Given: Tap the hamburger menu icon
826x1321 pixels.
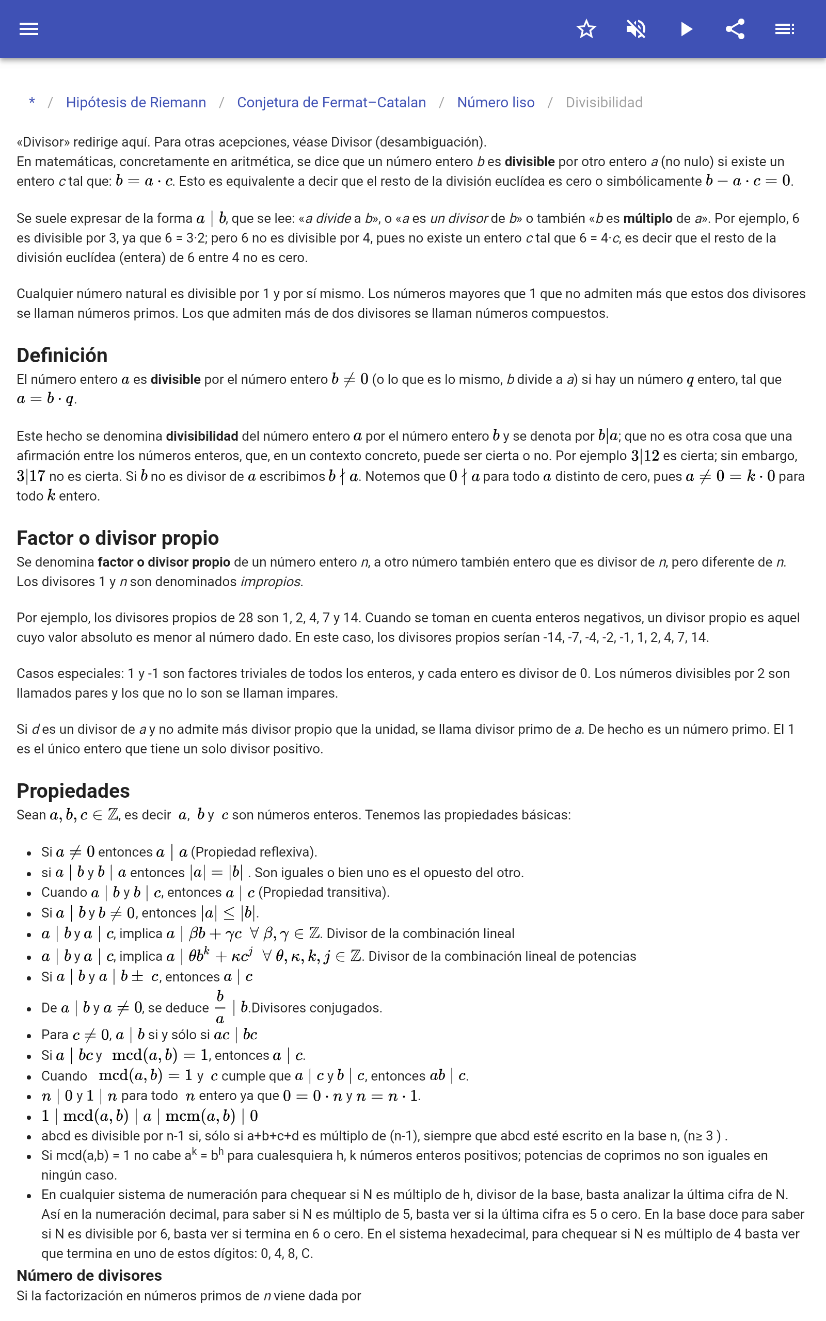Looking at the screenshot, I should coord(29,29).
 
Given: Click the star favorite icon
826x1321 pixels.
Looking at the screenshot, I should coord(586,29).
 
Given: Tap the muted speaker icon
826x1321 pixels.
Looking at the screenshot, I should coord(636,29).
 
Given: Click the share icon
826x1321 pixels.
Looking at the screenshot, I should coord(735,29).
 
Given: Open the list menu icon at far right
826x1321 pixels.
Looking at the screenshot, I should coord(785,29).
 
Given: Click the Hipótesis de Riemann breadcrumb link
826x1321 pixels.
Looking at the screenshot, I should coord(136,103).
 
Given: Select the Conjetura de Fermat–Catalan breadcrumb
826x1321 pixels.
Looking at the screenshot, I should coord(331,103).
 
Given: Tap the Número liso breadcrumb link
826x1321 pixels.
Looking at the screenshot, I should coord(496,103).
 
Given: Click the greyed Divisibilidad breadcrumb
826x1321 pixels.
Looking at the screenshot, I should coord(603,103).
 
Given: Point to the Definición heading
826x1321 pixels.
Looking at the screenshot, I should coord(62,356).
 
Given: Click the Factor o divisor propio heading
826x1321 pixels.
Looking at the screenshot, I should coord(118,538).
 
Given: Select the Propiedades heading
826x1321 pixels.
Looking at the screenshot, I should coord(73,791).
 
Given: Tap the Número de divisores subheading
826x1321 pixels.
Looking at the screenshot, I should coord(89,1275).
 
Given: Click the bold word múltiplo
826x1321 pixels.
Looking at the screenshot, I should coord(647,218).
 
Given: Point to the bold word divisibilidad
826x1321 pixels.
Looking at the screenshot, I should coord(201,436).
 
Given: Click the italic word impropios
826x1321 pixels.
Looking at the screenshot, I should coord(271,582).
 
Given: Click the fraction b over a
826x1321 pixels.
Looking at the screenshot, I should coord(219,1008).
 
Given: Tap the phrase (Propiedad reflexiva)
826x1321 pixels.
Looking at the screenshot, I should coord(253,852).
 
